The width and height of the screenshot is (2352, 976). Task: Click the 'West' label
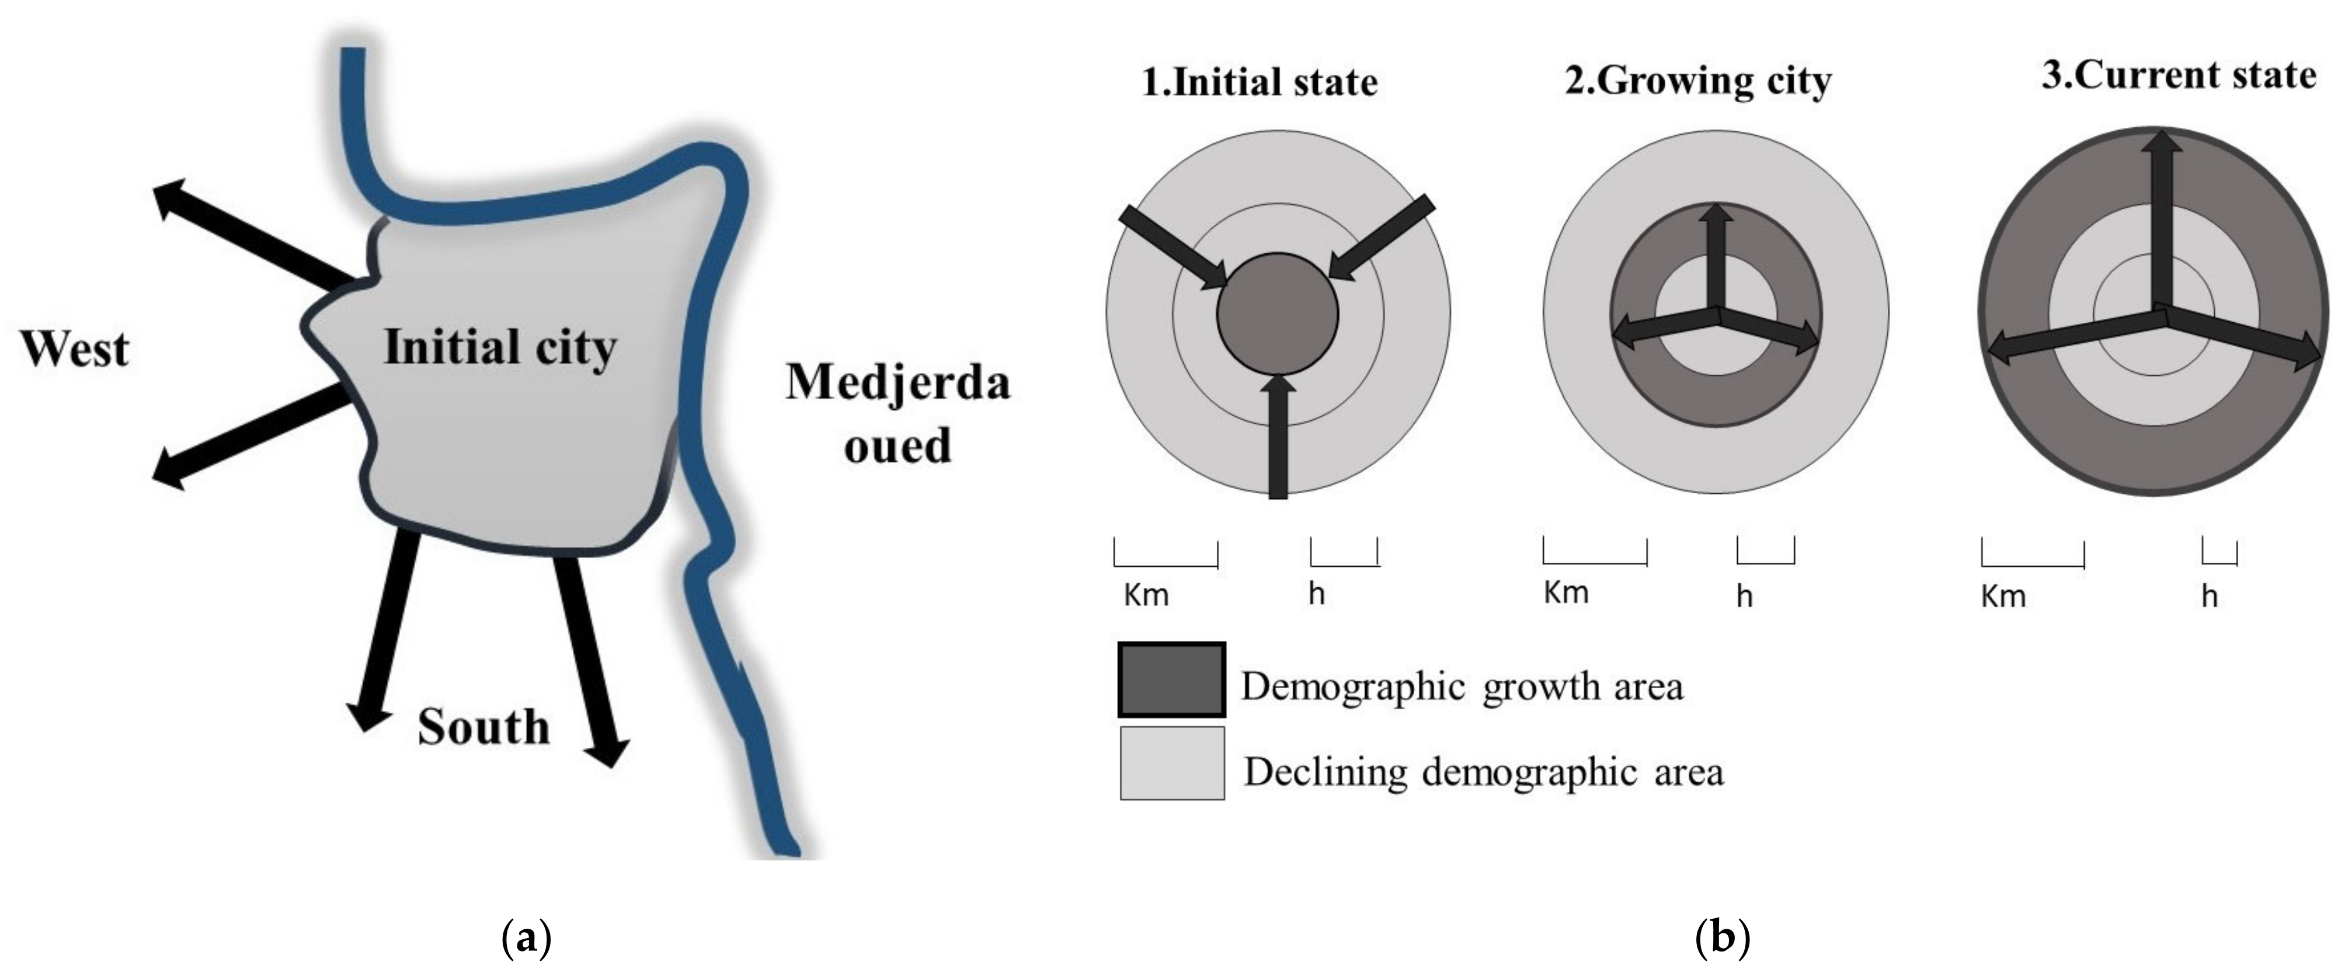pyautogui.click(x=75, y=350)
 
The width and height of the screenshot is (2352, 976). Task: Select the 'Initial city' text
pyautogui.click(x=499, y=348)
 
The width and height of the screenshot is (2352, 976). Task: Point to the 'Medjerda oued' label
pyautogui.click(x=897, y=414)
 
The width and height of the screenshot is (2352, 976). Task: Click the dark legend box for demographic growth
pyautogui.click(x=1171, y=680)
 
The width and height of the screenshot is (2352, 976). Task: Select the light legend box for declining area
pyautogui.click(x=1171, y=764)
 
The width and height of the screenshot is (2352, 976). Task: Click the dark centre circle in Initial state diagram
pyautogui.click(x=1278, y=313)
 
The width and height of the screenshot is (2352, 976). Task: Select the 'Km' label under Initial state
pyautogui.click(x=1145, y=595)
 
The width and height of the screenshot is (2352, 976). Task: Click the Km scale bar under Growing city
pyautogui.click(x=1594, y=552)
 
